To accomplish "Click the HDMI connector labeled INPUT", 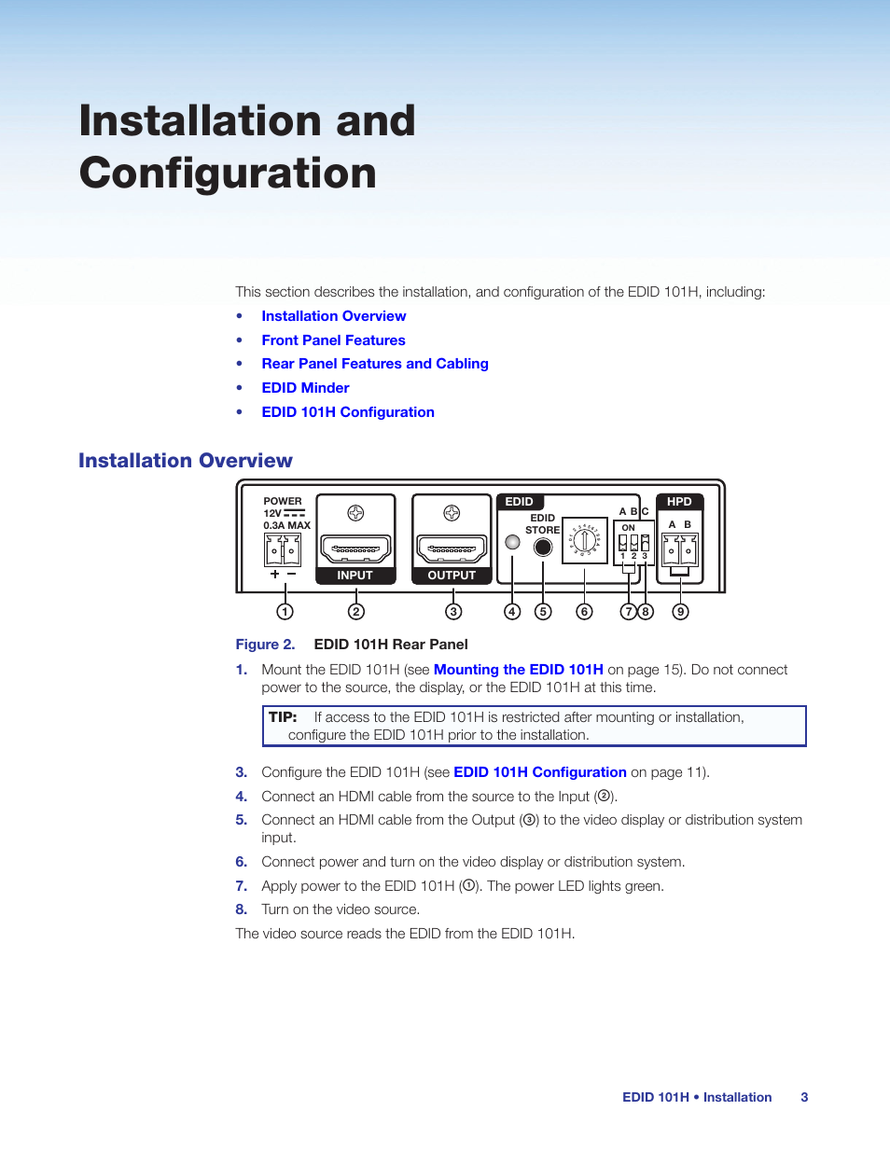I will point(355,549).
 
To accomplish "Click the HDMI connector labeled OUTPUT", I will point(452,549).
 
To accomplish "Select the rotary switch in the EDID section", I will point(585,540).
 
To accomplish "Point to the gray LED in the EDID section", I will point(512,542).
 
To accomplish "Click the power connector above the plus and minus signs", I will point(283,550).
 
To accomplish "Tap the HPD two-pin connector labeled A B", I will point(679,550).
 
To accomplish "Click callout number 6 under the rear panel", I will point(585,612).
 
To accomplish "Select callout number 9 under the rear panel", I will point(681,612).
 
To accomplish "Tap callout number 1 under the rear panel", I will point(285,612).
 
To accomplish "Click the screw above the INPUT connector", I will point(355,513).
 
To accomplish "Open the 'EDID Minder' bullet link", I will point(305,388).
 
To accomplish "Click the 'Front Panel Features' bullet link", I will point(333,340).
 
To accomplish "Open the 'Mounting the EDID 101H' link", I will point(518,670).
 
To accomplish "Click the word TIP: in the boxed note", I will point(283,717).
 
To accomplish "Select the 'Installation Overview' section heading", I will point(186,461).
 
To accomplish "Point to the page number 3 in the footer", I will point(804,1097).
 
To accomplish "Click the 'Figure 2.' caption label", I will point(265,645).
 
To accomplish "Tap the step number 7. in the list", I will point(241,886).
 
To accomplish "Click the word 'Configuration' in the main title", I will point(228,173).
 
